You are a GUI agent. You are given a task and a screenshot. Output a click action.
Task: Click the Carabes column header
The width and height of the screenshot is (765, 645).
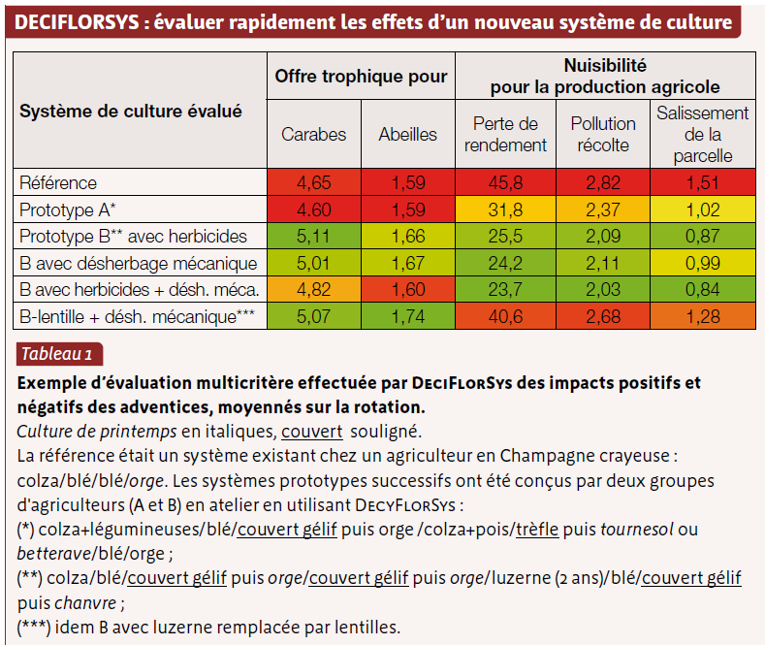(x=314, y=134)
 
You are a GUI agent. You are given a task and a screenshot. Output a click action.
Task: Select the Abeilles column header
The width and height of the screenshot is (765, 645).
(x=408, y=134)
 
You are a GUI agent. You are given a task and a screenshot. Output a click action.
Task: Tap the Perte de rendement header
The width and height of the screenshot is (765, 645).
(x=505, y=134)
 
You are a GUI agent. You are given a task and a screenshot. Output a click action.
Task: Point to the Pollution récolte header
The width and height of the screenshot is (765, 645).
(x=603, y=134)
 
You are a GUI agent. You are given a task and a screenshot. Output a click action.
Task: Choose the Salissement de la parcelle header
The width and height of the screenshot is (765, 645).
(x=703, y=134)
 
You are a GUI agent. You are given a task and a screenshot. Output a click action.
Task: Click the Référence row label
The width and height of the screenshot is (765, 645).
(x=58, y=183)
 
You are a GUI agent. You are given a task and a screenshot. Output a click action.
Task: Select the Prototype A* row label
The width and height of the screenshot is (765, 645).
(x=67, y=210)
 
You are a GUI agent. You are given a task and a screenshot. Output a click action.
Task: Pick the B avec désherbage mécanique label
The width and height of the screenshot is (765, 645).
(x=138, y=264)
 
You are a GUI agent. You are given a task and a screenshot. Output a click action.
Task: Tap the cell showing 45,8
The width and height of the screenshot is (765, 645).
(x=505, y=182)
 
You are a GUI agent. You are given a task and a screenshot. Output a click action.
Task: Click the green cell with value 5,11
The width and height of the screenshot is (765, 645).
(x=314, y=236)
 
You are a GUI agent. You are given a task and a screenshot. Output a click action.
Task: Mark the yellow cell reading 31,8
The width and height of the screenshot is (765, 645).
(x=505, y=210)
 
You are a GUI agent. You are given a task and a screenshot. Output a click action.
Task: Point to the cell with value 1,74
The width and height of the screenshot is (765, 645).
(x=408, y=316)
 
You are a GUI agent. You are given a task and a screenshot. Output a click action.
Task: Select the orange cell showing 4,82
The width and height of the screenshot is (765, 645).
(x=314, y=290)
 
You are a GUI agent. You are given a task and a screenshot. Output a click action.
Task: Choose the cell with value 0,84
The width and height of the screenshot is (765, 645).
(x=703, y=290)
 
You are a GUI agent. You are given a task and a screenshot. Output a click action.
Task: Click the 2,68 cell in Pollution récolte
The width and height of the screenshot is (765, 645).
(x=603, y=316)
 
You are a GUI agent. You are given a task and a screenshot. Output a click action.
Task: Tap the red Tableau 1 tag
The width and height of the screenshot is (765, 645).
(x=59, y=354)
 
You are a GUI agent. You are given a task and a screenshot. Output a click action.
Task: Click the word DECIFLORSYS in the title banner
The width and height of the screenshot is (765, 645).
(x=78, y=22)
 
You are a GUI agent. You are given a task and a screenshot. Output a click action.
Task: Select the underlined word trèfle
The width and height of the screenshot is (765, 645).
(x=537, y=530)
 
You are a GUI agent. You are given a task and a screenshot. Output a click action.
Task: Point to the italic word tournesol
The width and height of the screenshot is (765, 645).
(x=637, y=530)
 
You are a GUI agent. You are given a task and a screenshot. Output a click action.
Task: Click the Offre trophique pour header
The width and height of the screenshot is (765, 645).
(x=361, y=76)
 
